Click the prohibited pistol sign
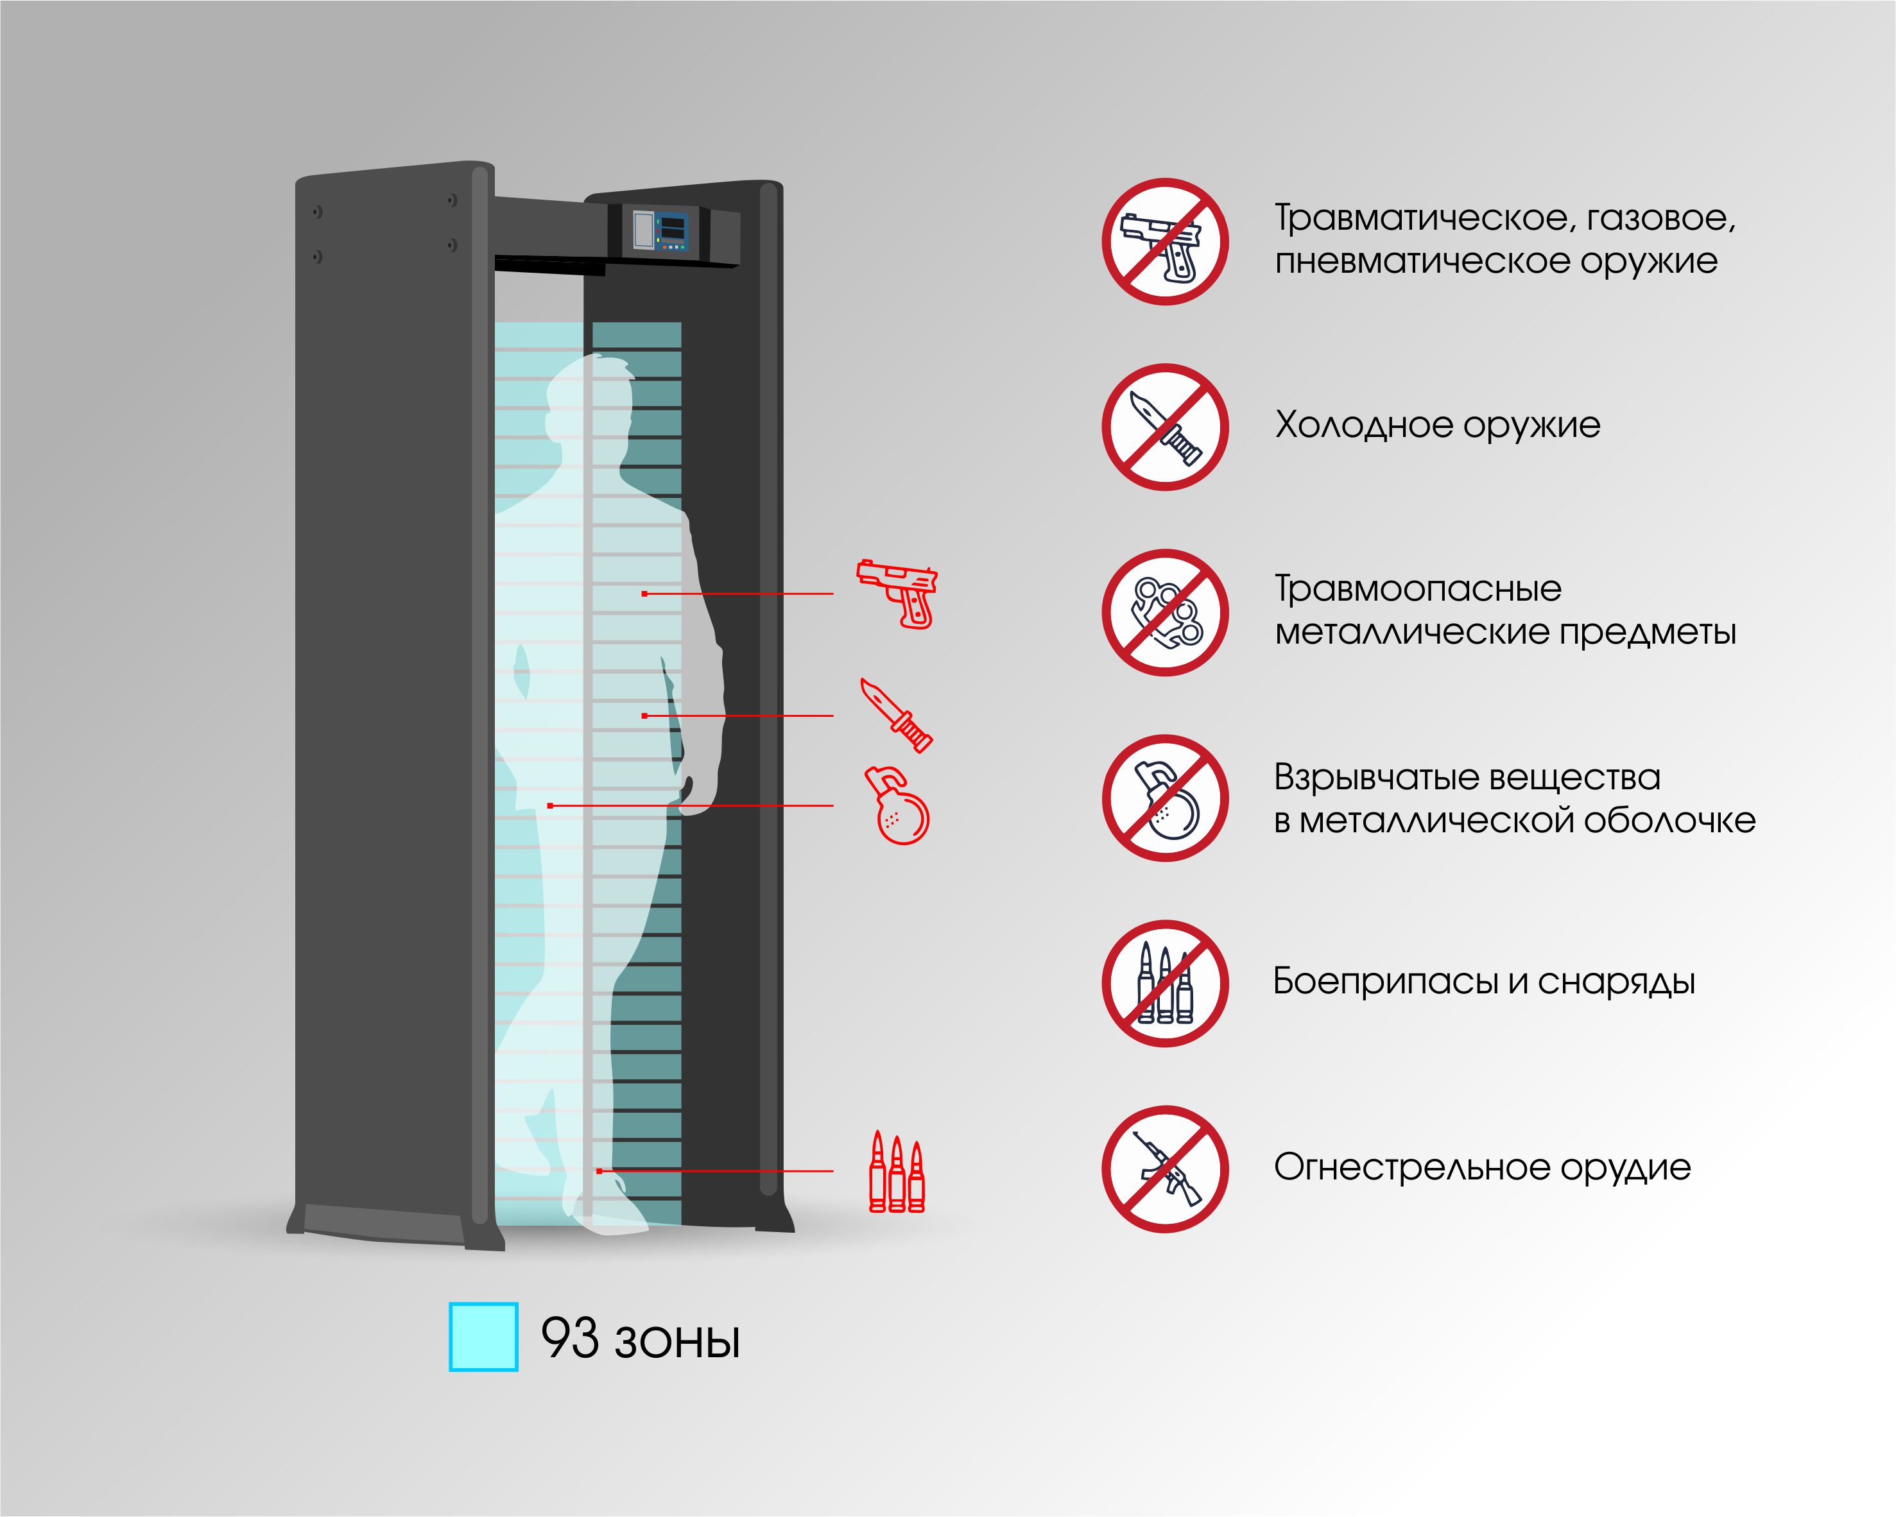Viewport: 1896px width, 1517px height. pos(1165,242)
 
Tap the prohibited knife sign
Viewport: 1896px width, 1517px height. pos(1165,427)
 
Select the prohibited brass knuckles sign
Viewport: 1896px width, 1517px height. pos(1165,613)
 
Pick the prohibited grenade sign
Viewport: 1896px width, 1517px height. pos(1165,798)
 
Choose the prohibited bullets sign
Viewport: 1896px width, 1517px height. pos(1165,983)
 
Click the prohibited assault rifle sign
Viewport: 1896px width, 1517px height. pos(1165,1169)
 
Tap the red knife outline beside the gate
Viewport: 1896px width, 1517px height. pos(896,715)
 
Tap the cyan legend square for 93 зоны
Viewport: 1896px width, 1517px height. pos(483,1337)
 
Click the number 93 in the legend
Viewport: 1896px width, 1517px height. pos(569,1339)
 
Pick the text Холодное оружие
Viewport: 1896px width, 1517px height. pos(1437,425)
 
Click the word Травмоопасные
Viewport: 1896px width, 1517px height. pos(1418,589)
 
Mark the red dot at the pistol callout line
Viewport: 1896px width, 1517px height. pos(644,594)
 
